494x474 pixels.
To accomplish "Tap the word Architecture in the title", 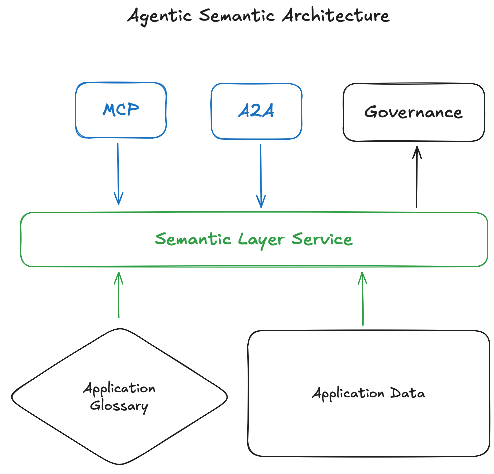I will point(335,16).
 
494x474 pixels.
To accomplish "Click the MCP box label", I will point(121,110).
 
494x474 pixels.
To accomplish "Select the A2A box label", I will point(256,111).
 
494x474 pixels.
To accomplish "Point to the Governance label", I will point(413,112).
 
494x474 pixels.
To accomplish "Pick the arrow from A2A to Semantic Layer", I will point(260,175).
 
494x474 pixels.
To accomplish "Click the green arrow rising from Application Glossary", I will point(119,294).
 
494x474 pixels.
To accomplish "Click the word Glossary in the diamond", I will point(120,406).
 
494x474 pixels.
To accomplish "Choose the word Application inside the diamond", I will point(120,388).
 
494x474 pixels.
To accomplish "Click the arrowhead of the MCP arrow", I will point(118,199).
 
